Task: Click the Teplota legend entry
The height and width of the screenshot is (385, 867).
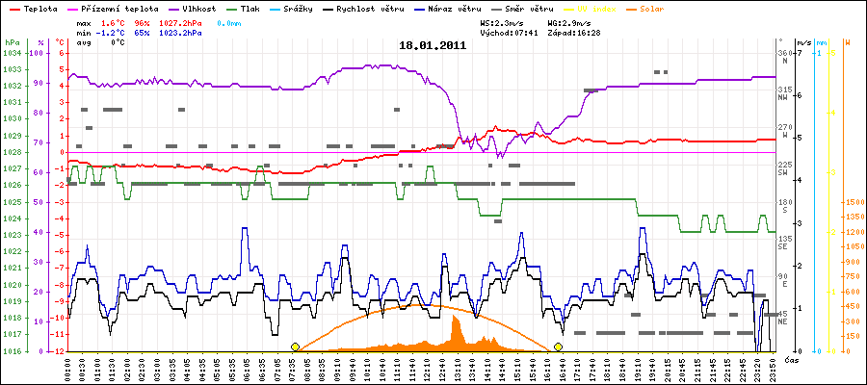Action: [37, 8]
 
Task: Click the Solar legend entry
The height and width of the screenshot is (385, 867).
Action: [647, 8]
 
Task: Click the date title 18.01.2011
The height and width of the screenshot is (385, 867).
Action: [433, 44]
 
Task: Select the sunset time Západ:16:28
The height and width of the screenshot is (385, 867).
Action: [573, 31]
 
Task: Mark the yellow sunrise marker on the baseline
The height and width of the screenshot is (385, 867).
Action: [295, 346]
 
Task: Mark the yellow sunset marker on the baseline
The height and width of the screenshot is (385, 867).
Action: [558, 346]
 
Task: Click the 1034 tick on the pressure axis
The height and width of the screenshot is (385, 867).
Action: [12, 54]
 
